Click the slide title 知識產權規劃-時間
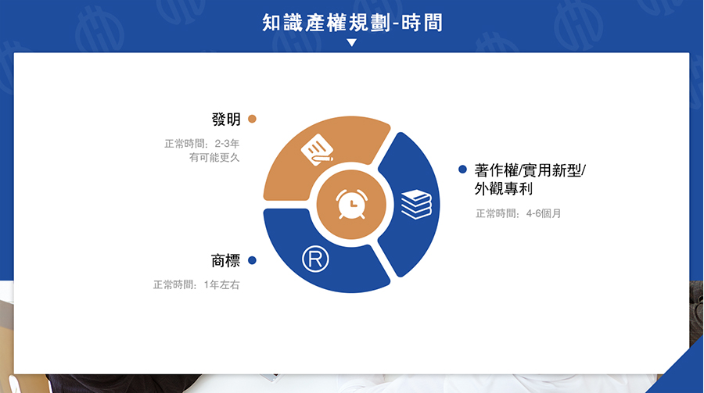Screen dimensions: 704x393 353,23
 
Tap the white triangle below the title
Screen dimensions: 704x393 352,43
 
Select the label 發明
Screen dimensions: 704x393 226,120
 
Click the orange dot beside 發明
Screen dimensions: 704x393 253,119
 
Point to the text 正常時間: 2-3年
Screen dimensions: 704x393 202,144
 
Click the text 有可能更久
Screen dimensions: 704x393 214,158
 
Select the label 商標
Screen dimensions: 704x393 226,261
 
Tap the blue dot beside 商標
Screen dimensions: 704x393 253,260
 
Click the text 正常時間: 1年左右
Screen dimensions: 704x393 196,285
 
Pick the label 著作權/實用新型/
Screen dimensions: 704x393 530,170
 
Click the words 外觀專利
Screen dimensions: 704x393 504,189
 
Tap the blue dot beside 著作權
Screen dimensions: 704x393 462,169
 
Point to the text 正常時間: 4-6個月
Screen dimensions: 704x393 519,213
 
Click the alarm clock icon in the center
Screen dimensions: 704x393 352,204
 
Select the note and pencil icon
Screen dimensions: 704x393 317,149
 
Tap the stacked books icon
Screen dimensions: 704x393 416,204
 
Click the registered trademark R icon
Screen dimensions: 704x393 316,259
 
